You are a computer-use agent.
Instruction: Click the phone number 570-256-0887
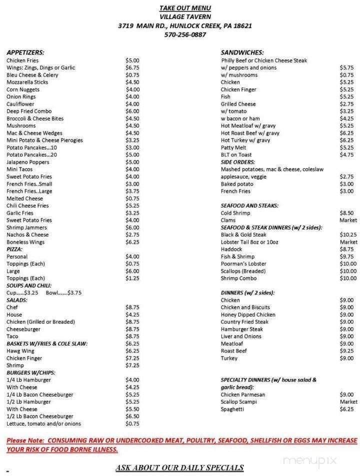[185, 35]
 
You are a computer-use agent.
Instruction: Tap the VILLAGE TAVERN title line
[185, 16]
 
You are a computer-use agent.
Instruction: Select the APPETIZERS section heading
[25, 52]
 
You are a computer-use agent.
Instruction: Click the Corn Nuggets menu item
[23, 89]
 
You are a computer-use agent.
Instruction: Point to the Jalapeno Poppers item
[28, 162]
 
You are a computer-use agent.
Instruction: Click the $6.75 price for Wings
[132, 67]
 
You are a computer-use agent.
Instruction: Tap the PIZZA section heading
[14, 249]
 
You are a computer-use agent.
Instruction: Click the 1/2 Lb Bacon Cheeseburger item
[40, 416]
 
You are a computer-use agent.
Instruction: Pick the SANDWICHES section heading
[242, 52]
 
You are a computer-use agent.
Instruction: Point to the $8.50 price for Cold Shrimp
[347, 213]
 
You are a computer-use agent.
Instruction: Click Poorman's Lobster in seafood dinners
[243, 263]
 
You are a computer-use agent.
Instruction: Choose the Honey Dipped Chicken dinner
[248, 314]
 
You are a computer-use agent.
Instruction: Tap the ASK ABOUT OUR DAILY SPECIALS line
[179, 467]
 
